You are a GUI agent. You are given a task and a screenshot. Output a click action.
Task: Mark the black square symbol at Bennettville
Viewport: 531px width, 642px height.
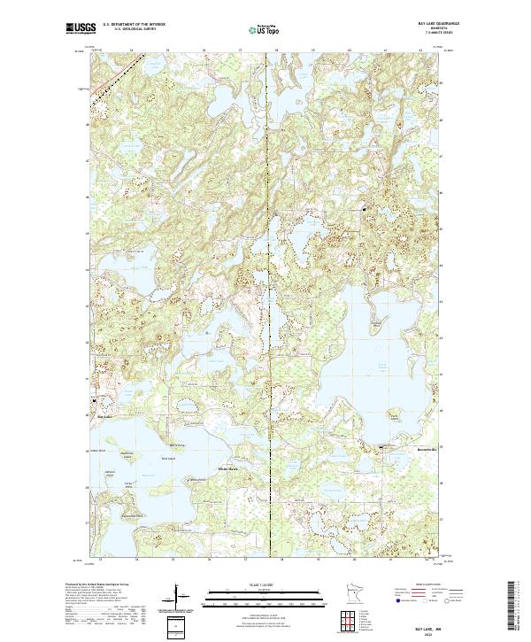pyautogui.click(x=382, y=446)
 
